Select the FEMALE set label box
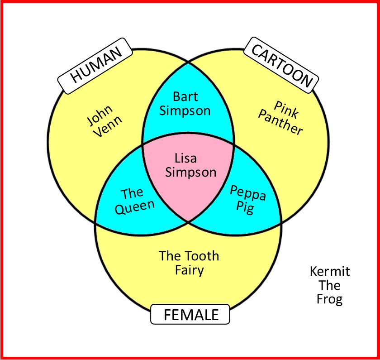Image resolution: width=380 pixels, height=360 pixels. [x=190, y=314]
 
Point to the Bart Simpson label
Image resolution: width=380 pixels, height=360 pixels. [x=185, y=104]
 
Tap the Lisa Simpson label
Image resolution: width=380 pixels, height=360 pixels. [x=190, y=165]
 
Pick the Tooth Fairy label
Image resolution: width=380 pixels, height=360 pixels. [x=189, y=263]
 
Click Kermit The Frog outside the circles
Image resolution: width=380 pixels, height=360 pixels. [x=330, y=285]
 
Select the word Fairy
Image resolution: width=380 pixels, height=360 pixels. [x=189, y=271]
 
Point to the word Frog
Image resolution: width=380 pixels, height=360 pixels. [x=330, y=299]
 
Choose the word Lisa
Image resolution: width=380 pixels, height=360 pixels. [x=185, y=158]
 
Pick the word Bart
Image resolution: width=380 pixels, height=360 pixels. [x=185, y=96]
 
